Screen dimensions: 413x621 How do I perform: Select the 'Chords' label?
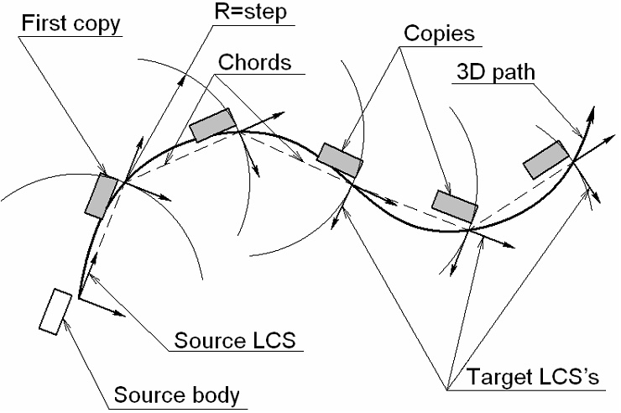[254, 64]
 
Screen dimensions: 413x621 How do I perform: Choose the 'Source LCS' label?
[237, 342]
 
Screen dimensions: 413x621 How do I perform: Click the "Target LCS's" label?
[524, 379]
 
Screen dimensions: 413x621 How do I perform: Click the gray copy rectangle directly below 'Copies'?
[340, 159]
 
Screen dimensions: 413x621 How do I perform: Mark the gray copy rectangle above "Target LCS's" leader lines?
[455, 206]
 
